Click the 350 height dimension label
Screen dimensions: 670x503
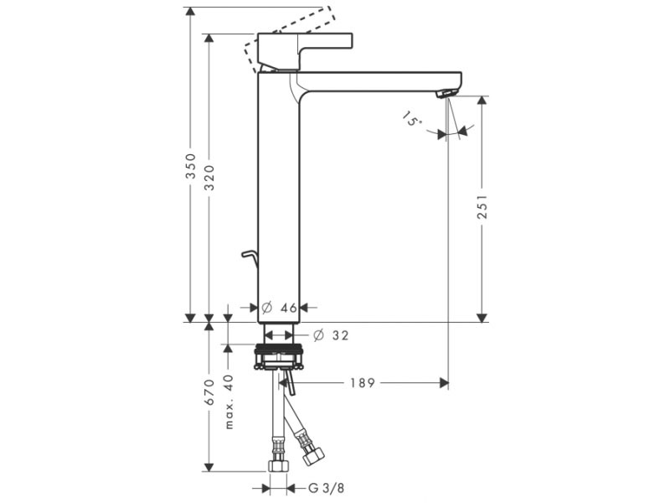coord(191,166)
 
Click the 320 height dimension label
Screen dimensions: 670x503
coord(209,178)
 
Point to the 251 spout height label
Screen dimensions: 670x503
coord(482,207)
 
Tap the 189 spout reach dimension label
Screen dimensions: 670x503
coord(363,383)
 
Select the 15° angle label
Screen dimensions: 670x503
coord(412,119)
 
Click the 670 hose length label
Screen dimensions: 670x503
coord(209,392)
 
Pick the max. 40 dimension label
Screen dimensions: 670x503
coord(229,402)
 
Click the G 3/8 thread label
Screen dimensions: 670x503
coord(326,488)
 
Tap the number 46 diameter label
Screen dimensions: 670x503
coord(289,308)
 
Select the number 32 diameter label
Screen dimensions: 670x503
coord(341,335)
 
